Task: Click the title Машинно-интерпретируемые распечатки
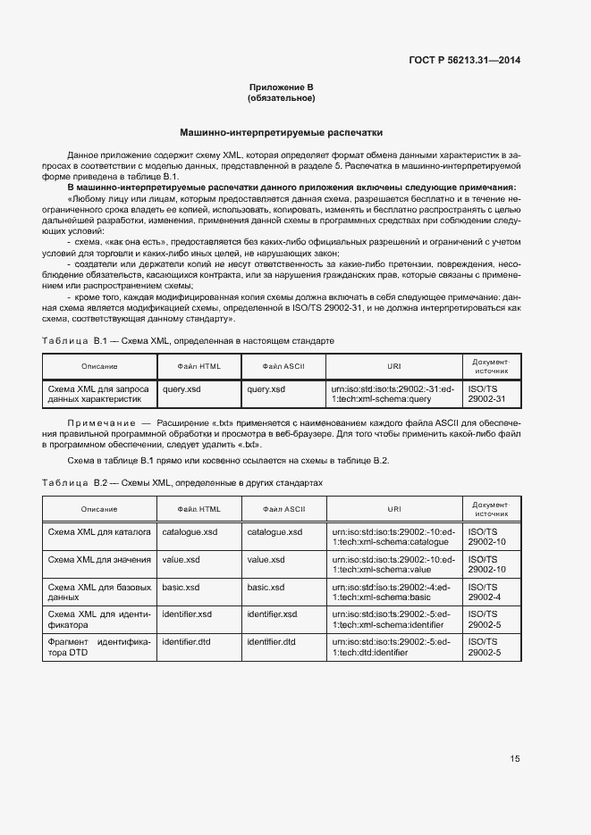281,130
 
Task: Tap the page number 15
515,759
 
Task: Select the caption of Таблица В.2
183,482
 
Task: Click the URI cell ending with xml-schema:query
393,395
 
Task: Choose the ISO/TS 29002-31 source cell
487,395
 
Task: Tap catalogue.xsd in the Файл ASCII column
274,532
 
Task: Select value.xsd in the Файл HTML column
181,560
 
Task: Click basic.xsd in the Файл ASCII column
266,588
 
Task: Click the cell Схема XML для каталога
98,532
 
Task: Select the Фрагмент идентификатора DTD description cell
98,647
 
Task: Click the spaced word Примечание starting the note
98,422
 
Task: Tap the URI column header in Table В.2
393,509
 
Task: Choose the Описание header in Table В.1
98,367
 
